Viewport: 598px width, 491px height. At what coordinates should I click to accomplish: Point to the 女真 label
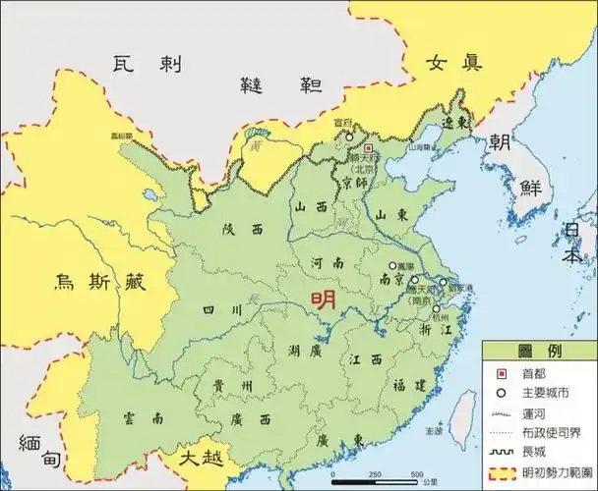(x=453, y=63)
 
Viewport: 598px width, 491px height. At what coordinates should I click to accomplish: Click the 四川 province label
(x=221, y=309)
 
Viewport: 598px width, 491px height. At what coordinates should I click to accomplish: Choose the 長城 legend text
(x=540, y=451)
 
